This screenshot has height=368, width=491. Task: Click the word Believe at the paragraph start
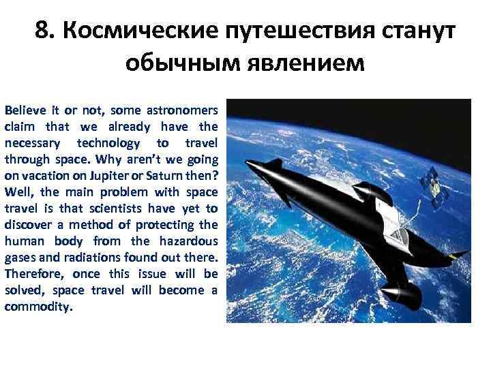23,110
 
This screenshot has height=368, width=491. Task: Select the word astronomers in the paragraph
188,110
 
